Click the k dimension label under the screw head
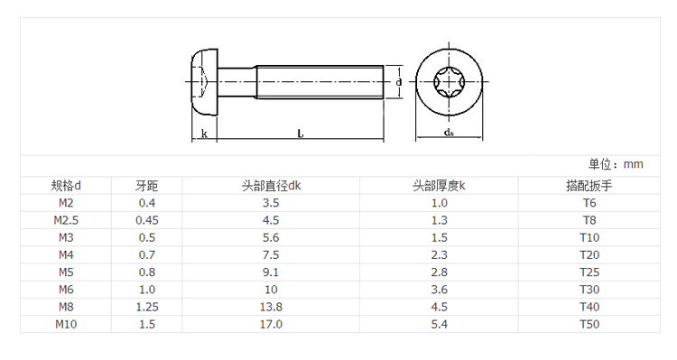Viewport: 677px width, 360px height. (204, 134)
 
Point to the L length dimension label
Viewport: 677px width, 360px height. (301, 134)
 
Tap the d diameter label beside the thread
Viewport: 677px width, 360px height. (398, 81)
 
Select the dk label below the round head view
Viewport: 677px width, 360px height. (449, 132)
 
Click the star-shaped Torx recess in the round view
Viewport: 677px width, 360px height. (449, 81)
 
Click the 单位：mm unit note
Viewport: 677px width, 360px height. (616, 164)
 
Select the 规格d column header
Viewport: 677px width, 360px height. (66, 186)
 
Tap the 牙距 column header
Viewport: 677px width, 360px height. (147, 186)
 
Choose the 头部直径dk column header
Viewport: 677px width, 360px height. (271, 186)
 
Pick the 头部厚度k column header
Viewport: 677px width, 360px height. (439, 186)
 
